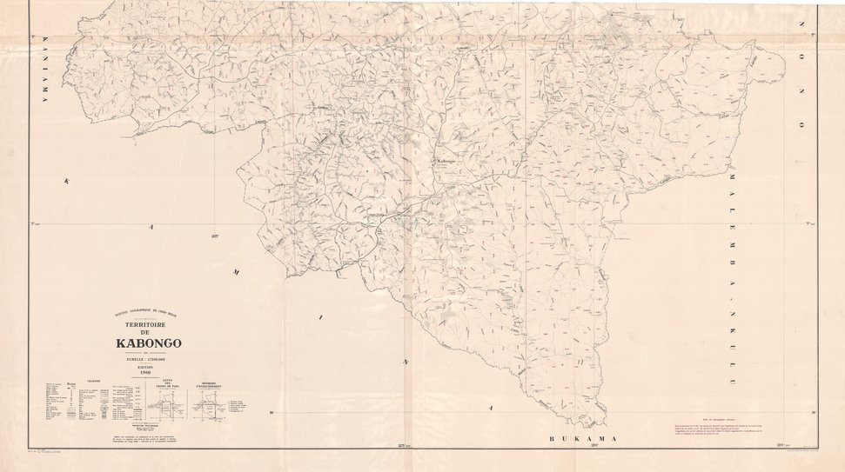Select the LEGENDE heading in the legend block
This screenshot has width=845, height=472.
(92, 381)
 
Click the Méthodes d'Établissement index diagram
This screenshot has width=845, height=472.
(209, 401)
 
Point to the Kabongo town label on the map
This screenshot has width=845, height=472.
(446, 160)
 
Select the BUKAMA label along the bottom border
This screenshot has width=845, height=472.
(582, 440)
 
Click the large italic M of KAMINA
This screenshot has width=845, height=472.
(234, 273)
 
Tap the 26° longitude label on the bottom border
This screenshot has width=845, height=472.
(594, 446)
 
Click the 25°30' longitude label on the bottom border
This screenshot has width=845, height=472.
(404, 446)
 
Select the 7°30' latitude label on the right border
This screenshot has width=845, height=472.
(810, 223)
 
